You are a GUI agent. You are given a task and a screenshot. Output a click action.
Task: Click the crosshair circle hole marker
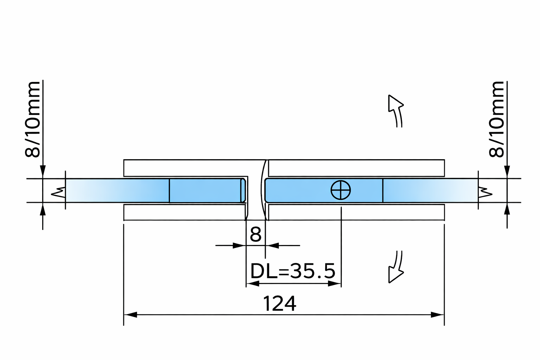pos(341,190)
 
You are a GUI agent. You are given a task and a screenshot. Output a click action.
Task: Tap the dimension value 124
pos(279,304)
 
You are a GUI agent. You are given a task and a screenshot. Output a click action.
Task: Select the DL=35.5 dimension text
pos(293,271)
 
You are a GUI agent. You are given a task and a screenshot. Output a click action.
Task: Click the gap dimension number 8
pos(256,234)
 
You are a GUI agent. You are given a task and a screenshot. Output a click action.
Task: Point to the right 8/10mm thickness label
pos(497,119)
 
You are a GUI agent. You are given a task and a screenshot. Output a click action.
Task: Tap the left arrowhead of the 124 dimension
pos(130,315)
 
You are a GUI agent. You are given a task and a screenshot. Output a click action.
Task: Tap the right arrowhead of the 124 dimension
pos(438,315)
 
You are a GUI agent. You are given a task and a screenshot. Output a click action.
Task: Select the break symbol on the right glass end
pos(485,192)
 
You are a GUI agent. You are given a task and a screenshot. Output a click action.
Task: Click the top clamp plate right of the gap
pos(356,168)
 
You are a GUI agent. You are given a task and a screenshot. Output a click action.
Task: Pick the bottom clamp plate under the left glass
pos(184,212)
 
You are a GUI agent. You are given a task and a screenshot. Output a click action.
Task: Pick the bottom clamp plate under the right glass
pos(356,212)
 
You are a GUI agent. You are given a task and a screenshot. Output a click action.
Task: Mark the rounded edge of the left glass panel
pos(243,190)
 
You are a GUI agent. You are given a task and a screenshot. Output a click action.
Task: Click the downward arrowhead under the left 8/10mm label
pos(43,172)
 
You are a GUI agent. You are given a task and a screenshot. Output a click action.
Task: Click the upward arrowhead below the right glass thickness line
pos(507,209)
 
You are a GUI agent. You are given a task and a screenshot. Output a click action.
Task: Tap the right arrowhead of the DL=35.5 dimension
pos(335,284)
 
